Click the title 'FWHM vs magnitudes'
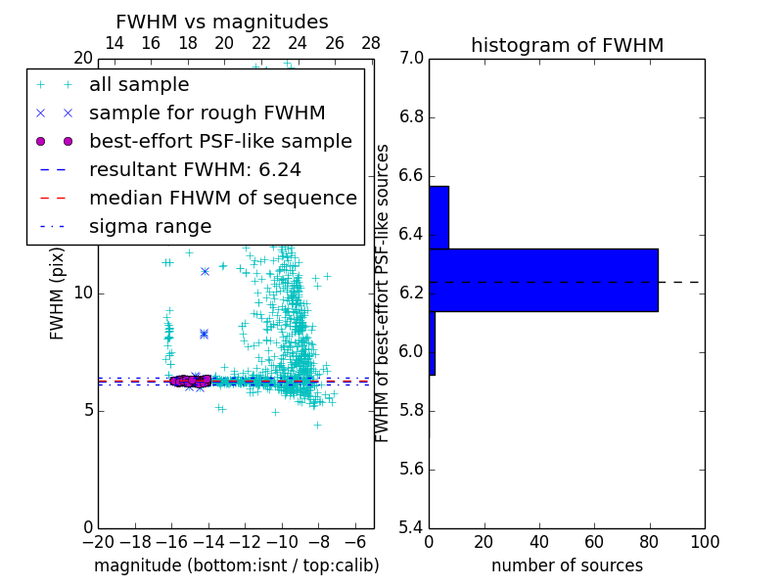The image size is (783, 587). (x=222, y=23)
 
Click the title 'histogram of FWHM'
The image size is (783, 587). (x=567, y=45)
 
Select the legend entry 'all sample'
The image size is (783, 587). (x=139, y=85)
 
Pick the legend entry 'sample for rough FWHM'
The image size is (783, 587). (x=207, y=113)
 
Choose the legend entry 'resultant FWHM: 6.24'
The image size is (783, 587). (x=195, y=169)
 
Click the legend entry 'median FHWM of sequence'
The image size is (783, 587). (x=222, y=198)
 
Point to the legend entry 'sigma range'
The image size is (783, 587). (x=150, y=226)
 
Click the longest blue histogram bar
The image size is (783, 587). (x=543, y=280)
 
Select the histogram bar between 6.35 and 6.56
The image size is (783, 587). (x=438, y=217)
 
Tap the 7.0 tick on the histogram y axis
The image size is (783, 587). (x=413, y=59)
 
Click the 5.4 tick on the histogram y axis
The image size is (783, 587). (x=413, y=527)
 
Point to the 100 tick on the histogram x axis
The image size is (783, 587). (x=704, y=542)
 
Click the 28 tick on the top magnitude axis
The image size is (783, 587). (x=371, y=44)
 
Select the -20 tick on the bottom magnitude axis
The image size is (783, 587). (x=98, y=542)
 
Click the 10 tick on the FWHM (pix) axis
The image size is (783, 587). (x=83, y=293)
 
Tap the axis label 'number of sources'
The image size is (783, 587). (x=567, y=565)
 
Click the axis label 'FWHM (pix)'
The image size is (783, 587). (x=58, y=293)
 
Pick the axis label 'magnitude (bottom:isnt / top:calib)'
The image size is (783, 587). (x=236, y=565)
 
